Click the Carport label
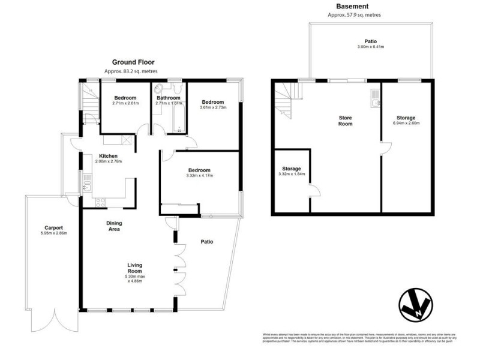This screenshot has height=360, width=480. (53, 228)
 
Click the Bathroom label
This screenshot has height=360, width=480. (169, 98)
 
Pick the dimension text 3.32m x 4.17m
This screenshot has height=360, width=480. (200, 176)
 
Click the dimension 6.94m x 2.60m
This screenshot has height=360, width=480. (406, 124)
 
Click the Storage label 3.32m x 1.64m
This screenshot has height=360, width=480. (292, 172)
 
